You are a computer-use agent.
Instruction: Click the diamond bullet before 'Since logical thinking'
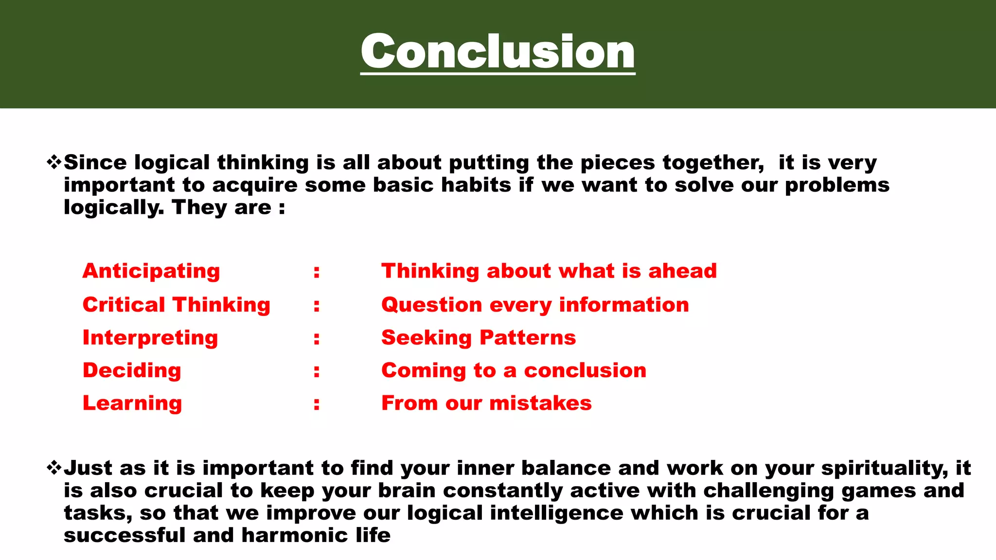[x=54, y=162]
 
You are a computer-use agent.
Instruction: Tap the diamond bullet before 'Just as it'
[x=54, y=468]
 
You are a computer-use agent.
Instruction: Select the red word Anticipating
[x=151, y=271]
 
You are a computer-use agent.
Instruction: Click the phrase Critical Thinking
[x=176, y=305]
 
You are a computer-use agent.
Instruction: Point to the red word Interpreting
[x=150, y=338]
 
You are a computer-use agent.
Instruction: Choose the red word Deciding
[x=132, y=370]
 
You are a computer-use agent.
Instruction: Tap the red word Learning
[x=132, y=403]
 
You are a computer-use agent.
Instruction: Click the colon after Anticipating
[x=317, y=272]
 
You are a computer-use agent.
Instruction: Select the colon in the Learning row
[x=317, y=403]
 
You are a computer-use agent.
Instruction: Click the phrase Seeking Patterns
[x=479, y=338]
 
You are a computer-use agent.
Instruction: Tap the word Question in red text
[x=432, y=305]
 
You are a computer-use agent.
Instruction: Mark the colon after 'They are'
[x=282, y=208]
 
